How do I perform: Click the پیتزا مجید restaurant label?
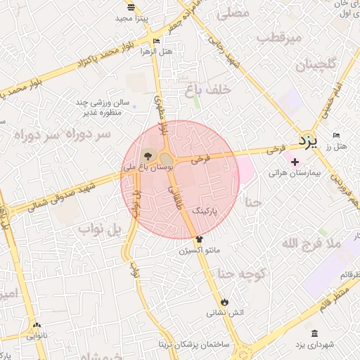[x=131, y=18]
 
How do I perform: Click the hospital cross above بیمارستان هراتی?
[x=294, y=162]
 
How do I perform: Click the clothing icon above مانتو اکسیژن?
[x=199, y=240]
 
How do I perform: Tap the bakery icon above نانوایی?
[x=37, y=325]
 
